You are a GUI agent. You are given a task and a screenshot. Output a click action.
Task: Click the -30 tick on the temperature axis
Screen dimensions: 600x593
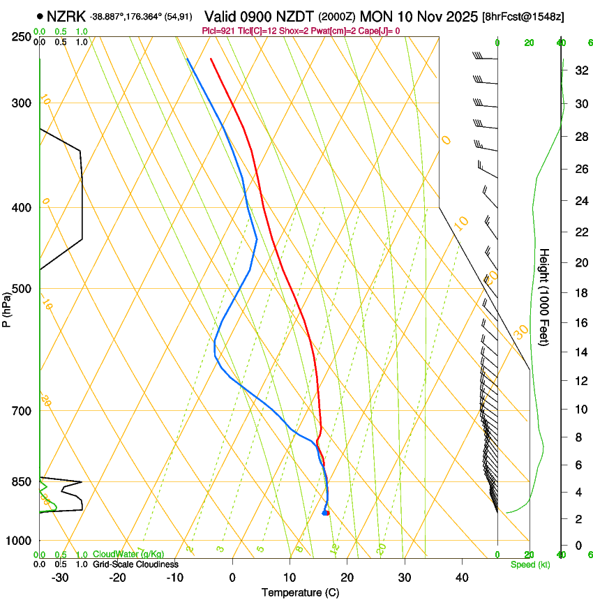tap(60, 578)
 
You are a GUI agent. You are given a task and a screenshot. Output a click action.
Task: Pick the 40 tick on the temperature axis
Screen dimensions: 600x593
tap(462, 578)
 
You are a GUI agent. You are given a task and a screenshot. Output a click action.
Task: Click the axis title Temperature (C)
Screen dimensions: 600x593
tap(300, 592)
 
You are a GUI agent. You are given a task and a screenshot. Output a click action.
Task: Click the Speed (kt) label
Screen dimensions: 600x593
tap(530, 564)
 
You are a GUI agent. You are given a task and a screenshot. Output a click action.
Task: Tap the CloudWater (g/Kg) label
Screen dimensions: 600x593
tap(128, 555)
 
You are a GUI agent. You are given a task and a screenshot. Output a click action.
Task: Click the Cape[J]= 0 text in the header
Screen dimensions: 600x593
tap(380, 31)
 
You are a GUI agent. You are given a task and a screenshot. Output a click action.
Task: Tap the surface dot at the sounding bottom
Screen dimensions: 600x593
tap(325, 513)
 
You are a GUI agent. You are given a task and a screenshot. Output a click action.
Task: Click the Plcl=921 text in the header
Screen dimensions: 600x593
tap(218, 31)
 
